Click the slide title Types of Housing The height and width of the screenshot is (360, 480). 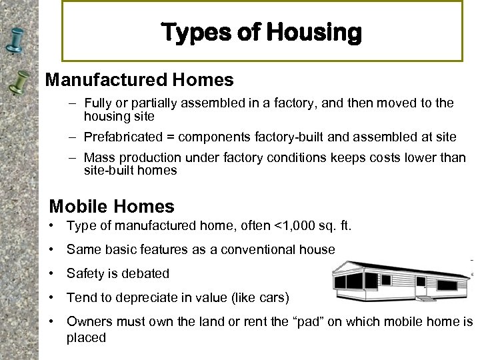click(261, 32)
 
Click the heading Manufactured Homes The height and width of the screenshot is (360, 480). click(139, 80)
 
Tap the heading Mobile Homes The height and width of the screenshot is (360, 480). click(111, 206)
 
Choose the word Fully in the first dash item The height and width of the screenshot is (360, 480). click(97, 103)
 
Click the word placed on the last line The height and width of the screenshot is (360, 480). click(86, 337)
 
